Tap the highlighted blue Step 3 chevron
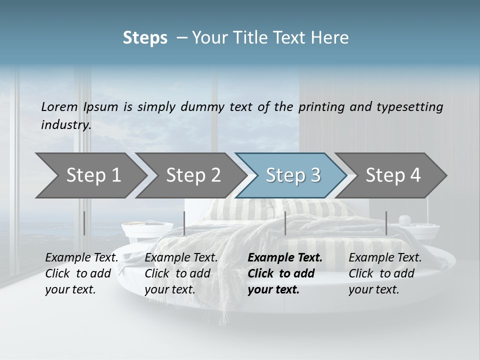[x=293, y=175]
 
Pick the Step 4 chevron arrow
[x=393, y=175]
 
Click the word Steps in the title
[x=145, y=38]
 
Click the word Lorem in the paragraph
[x=59, y=106]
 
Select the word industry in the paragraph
[x=65, y=125]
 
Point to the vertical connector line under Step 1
[x=84, y=223]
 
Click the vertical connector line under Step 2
[x=184, y=223]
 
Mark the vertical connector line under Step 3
[x=285, y=223]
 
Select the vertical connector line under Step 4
[x=386, y=223]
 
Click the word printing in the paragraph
[x=320, y=106]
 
